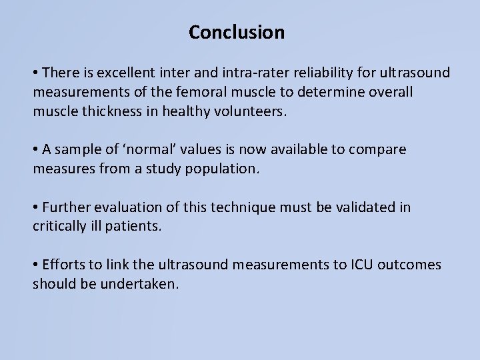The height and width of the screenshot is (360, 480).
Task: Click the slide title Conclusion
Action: coord(237,32)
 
